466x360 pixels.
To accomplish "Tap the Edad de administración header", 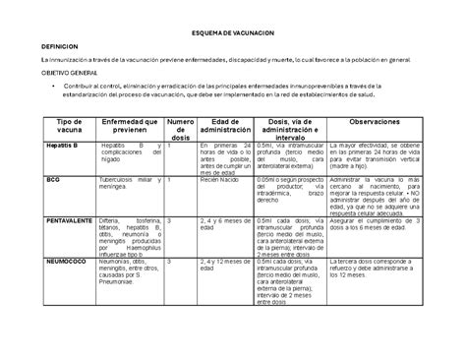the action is pos(225,126).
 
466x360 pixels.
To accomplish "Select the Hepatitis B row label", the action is pos(35,145).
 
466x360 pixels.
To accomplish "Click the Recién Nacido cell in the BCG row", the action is pos(221,181).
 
